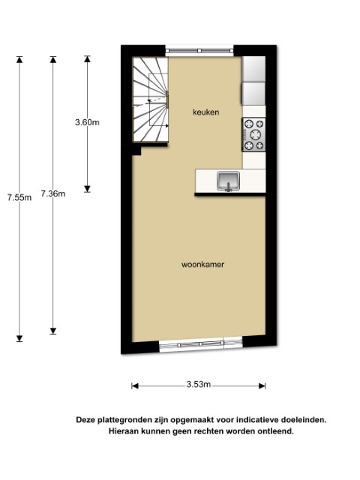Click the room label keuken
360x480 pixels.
point(205,112)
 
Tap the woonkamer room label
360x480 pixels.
point(202,265)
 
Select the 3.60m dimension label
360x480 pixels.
point(87,122)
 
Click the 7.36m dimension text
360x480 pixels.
point(53,193)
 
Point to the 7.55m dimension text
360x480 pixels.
point(19,198)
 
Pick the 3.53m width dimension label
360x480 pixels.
point(199,384)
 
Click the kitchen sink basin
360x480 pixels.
point(228,181)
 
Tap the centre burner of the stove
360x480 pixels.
point(255,135)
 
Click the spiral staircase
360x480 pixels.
point(150,100)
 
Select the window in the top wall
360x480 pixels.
point(199,50)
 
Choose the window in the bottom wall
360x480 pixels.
point(201,344)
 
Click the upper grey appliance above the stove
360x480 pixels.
point(253,69)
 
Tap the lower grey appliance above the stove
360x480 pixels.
point(253,94)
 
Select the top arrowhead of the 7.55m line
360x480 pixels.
point(19,60)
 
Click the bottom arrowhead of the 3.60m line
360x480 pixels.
point(87,189)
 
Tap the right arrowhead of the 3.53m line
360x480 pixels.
point(262,386)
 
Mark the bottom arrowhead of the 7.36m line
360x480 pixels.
point(53,331)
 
